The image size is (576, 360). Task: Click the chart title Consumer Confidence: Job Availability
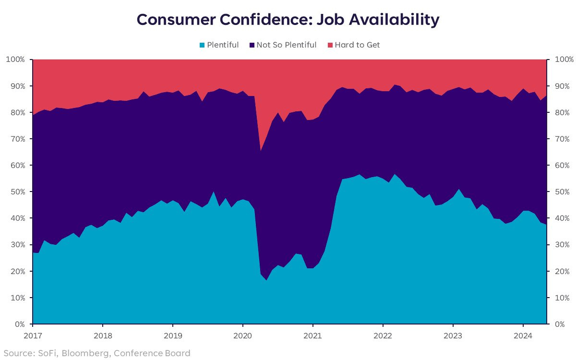[x=288, y=20]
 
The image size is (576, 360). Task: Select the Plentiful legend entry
[x=223, y=45]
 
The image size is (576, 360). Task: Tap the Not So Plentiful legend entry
[x=286, y=45]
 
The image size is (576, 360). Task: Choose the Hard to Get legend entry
[x=357, y=45]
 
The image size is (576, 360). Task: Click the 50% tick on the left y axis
[x=18, y=192]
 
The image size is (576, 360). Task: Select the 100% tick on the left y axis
[x=16, y=60]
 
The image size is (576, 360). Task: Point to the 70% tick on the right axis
[x=563, y=139]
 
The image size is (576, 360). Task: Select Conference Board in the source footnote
[x=153, y=354]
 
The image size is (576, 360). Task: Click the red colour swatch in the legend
[x=330, y=45]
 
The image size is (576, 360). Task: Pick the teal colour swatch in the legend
[x=203, y=45]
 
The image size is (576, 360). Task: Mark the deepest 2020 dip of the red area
[x=260, y=150]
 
